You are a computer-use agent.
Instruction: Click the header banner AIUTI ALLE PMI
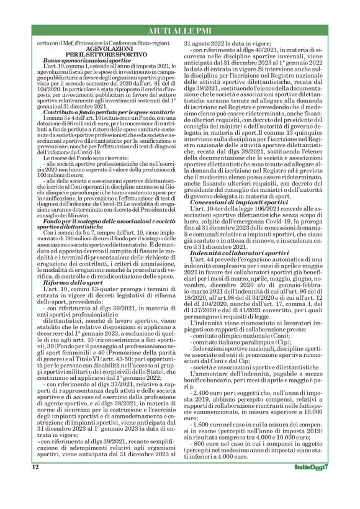click(180, 29)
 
